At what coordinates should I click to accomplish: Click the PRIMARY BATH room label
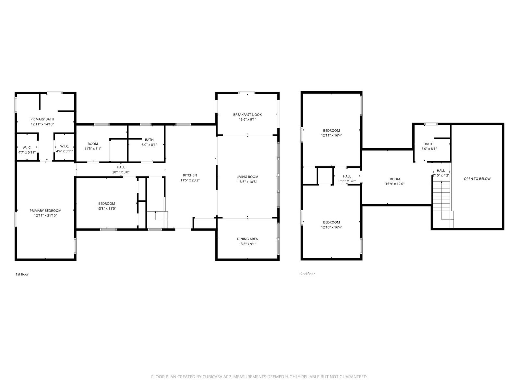coord(42,119)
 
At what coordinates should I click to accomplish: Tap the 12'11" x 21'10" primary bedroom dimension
coord(45,215)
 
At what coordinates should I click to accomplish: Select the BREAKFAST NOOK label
coord(247,115)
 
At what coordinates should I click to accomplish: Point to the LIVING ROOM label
coord(247,177)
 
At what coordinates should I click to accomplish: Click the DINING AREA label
coord(247,239)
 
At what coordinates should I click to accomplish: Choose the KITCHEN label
coord(190,175)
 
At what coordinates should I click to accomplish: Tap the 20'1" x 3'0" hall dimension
coord(121,172)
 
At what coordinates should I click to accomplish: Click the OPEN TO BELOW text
coord(477,179)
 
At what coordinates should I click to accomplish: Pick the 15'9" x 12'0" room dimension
coord(395,184)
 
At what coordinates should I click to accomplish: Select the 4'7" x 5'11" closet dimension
coord(27,152)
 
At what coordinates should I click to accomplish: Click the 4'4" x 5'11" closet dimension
coord(65,151)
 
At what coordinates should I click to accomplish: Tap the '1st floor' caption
coord(22,274)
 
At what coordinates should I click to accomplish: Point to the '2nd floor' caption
coord(308,274)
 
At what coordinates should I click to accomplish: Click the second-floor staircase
coord(442,204)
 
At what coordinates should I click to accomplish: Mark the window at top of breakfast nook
coord(247,93)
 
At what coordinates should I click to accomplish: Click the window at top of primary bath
coord(54,93)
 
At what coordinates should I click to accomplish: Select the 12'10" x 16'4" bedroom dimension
coord(331,227)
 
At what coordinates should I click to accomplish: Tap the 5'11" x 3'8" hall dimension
coord(347,181)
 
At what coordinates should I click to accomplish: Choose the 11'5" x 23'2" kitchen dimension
coord(190,180)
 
